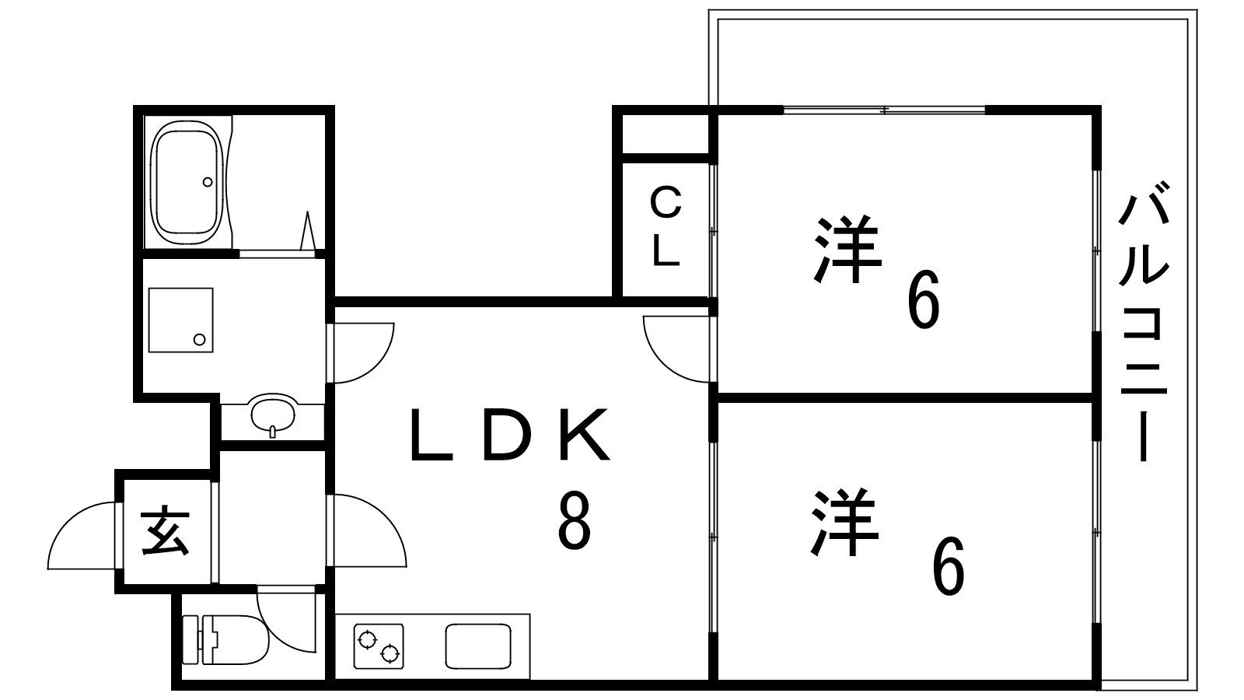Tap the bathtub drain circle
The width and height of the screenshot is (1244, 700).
click(x=208, y=182)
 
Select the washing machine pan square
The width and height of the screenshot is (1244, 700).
click(x=180, y=320)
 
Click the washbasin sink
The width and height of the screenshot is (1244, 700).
click(x=272, y=415)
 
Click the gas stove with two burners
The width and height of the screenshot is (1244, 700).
click(x=379, y=646)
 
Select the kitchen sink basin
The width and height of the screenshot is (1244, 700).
click(x=478, y=646)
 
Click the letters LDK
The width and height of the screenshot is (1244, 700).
click(x=510, y=436)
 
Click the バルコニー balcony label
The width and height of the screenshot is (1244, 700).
click(x=1144, y=321)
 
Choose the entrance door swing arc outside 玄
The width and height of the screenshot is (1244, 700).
click(x=82, y=536)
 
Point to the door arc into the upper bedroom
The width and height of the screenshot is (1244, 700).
click(x=676, y=349)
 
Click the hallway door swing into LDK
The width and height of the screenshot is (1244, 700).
click(x=370, y=530)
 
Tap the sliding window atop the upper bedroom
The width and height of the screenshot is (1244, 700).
click(x=884, y=110)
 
